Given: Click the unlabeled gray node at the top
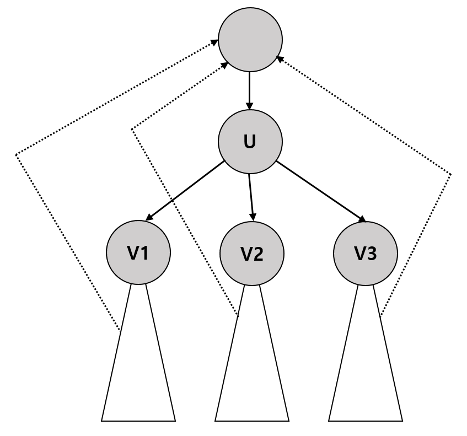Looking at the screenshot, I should [x=250, y=40].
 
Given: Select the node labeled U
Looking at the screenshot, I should [x=250, y=142].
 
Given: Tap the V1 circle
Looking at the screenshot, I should [x=138, y=252].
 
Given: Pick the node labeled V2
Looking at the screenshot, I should [x=252, y=253].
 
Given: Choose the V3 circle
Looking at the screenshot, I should [x=366, y=253].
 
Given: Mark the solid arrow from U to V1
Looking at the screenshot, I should [x=185, y=191].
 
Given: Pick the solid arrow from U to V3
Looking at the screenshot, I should [x=320, y=191].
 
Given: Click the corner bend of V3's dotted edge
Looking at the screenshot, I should [x=451, y=175].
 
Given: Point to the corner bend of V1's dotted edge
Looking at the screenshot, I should [x=17, y=155].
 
